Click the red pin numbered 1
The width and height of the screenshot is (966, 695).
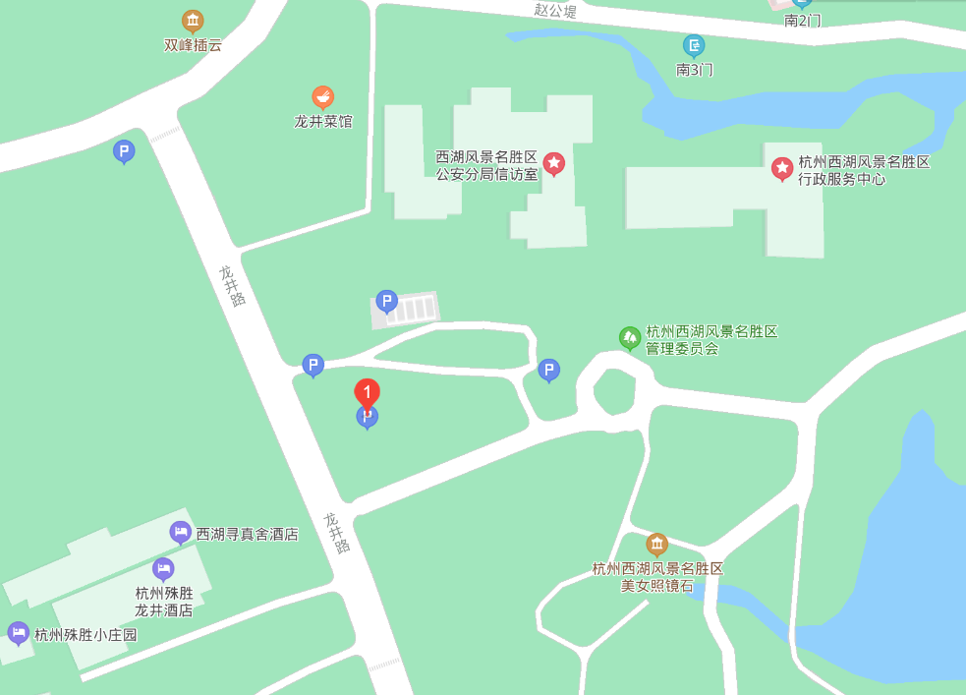(x=367, y=394)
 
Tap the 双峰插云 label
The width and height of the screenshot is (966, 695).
(x=193, y=44)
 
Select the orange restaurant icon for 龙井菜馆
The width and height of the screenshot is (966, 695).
(x=322, y=96)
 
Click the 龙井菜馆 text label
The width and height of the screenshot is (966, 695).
(x=322, y=122)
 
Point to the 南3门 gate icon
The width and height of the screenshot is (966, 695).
(x=694, y=45)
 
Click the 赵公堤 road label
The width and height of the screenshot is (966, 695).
(x=555, y=11)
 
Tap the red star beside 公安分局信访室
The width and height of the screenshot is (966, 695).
(x=554, y=163)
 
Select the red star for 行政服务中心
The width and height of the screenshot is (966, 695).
(x=781, y=169)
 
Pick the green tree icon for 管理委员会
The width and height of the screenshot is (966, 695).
(x=630, y=338)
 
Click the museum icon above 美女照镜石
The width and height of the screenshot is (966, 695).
(x=656, y=544)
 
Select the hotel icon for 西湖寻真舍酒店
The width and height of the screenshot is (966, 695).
(x=180, y=532)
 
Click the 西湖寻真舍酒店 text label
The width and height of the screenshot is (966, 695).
(x=247, y=535)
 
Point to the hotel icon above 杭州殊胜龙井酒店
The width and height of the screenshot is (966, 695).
(x=163, y=568)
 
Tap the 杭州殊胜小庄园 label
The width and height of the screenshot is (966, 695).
(x=85, y=635)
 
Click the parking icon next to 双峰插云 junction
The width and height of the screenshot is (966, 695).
(x=124, y=150)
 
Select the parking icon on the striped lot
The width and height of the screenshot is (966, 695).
(x=386, y=301)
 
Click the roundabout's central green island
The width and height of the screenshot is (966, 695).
(x=615, y=391)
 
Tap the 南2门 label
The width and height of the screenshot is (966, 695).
(x=802, y=20)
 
